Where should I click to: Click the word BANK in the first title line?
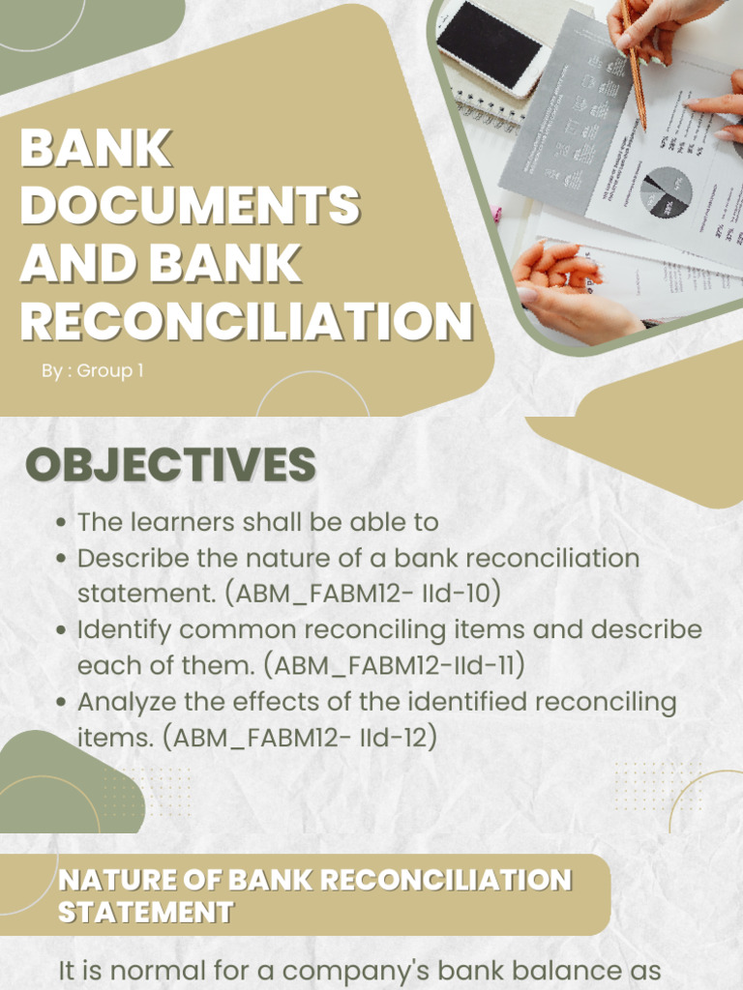pyautogui.click(x=95, y=150)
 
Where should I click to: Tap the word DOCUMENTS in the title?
pyautogui.click(x=190, y=206)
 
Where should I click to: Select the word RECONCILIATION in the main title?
pyautogui.click(x=246, y=320)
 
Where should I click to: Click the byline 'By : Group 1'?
pyautogui.click(x=93, y=370)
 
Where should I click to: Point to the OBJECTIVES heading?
pyautogui.click(x=170, y=465)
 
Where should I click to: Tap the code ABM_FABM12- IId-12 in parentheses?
pyautogui.click(x=300, y=737)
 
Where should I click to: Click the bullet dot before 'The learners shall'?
pyautogui.click(x=61, y=523)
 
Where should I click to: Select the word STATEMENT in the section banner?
pyautogui.click(x=145, y=912)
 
